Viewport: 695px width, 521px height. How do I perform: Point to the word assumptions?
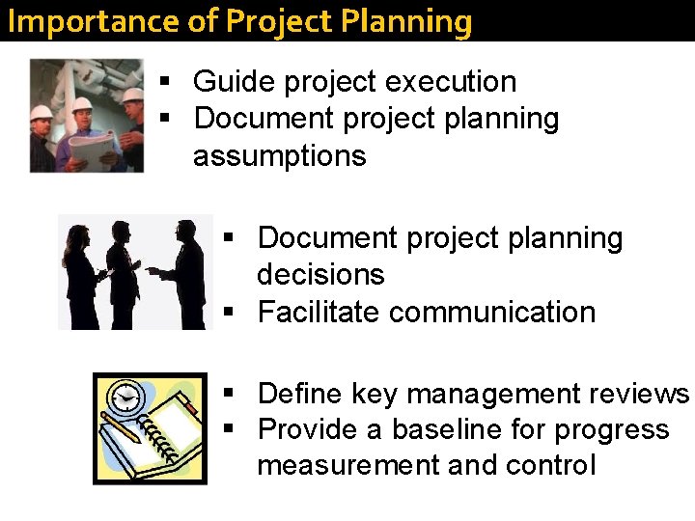pyautogui.click(x=279, y=155)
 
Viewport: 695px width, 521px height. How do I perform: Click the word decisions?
pyautogui.click(x=320, y=275)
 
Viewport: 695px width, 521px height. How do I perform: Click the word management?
pyautogui.click(x=486, y=395)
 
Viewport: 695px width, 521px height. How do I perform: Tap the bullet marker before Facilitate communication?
pyautogui.click(x=229, y=313)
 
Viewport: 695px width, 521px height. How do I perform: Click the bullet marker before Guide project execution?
pyautogui.click(x=165, y=83)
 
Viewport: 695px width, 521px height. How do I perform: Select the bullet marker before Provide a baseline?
pyautogui.click(x=229, y=429)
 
